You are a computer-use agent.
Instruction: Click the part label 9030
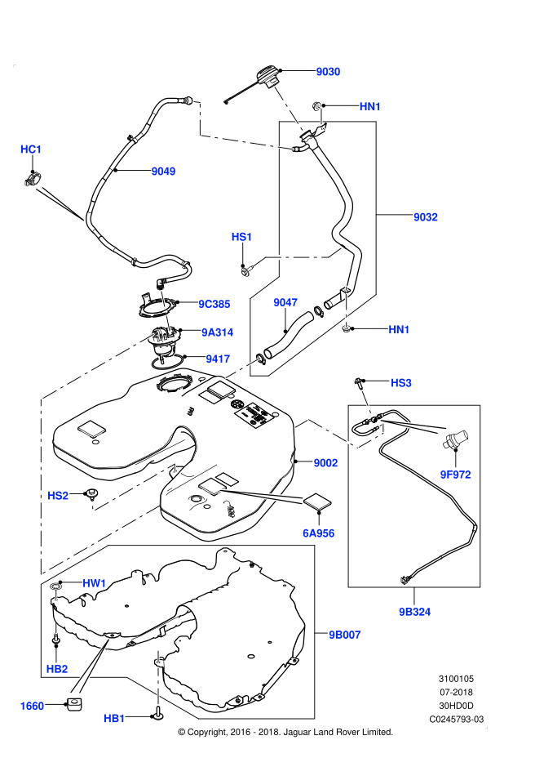coord(328,72)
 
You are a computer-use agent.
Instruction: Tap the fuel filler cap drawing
coord(267,78)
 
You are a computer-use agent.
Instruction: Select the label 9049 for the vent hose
coord(163,172)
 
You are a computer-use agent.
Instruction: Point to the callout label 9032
coord(426,217)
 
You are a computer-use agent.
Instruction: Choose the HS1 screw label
coord(241,237)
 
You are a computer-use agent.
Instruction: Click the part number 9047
coord(285,302)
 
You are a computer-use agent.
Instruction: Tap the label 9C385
coord(214,304)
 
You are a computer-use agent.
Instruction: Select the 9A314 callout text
coord(217,332)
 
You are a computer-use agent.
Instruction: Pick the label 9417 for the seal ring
coord(218,359)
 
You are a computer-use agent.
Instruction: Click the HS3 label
coord(400,383)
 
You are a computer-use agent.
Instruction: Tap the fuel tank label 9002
coord(325,462)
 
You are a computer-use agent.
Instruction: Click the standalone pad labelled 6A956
coord(318,502)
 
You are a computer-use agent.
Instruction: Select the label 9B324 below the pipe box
coord(414,612)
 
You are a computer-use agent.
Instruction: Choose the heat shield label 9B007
coord(345,635)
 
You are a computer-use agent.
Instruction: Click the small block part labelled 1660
coord(73,704)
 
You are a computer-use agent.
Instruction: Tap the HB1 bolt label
coord(114,718)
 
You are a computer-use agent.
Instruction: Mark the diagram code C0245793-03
coord(456,720)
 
